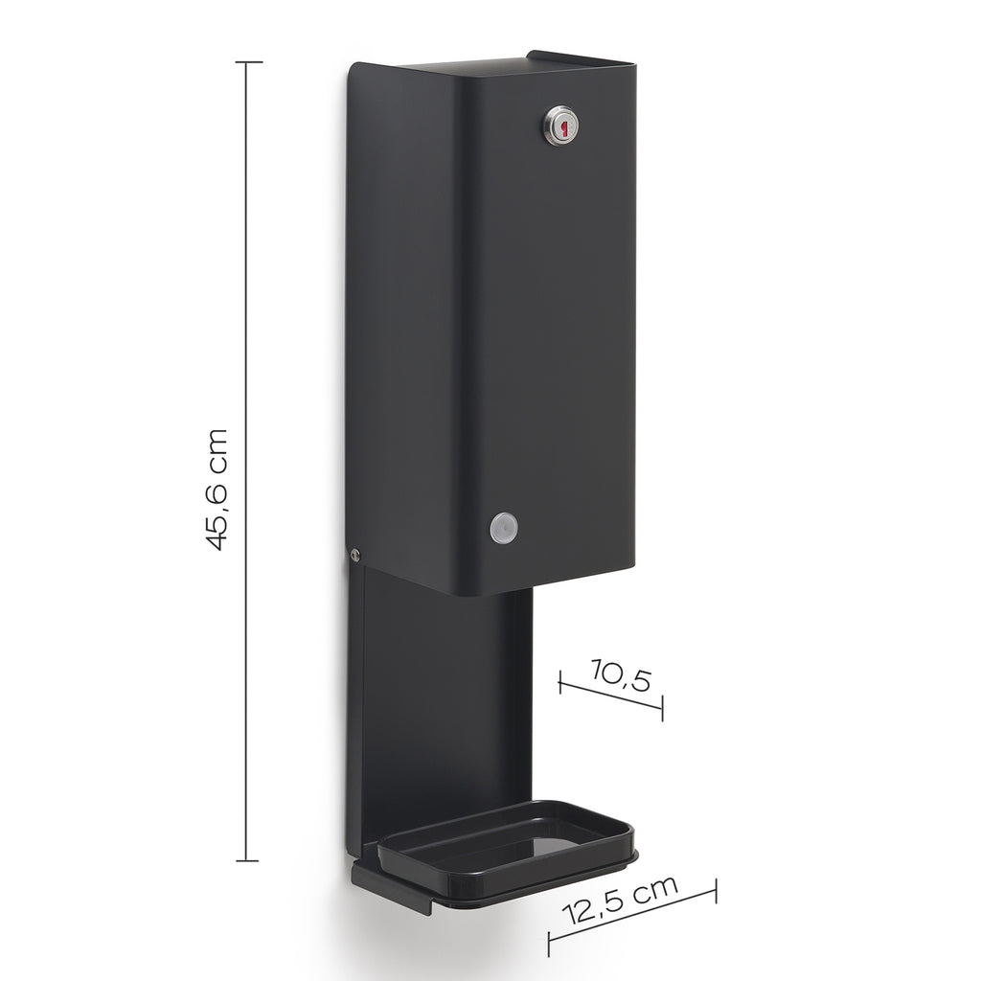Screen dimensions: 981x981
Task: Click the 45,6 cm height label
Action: click(217, 489)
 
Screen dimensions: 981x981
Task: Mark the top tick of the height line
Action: click(248, 62)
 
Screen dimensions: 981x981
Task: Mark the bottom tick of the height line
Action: click(248, 860)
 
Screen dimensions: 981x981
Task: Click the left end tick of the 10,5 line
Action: click(559, 681)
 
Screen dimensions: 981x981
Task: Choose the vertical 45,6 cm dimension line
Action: click(248, 287)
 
